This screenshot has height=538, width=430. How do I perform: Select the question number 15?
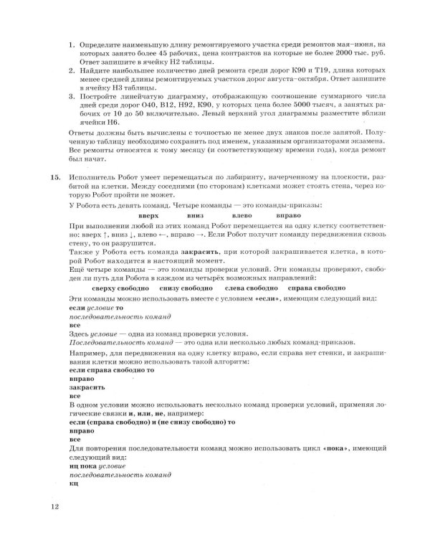pos(55,176)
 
